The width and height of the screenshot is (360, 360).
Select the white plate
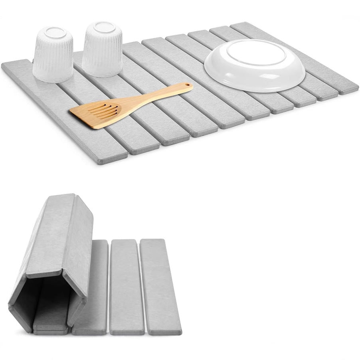pyautogui.click(x=255, y=68)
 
